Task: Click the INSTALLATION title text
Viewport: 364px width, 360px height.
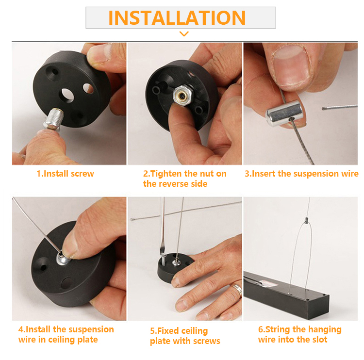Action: (177, 17)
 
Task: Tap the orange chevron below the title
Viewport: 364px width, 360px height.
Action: (184, 34)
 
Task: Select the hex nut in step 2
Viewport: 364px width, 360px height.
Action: (183, 96)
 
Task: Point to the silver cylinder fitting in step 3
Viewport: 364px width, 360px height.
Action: (284, 113)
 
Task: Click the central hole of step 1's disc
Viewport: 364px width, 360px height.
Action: (67, 95)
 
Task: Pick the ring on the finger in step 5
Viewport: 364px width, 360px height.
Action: (237, 290)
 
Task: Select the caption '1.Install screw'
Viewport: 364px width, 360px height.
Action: (65, 174)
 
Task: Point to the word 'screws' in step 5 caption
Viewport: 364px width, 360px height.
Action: (206, 341)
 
